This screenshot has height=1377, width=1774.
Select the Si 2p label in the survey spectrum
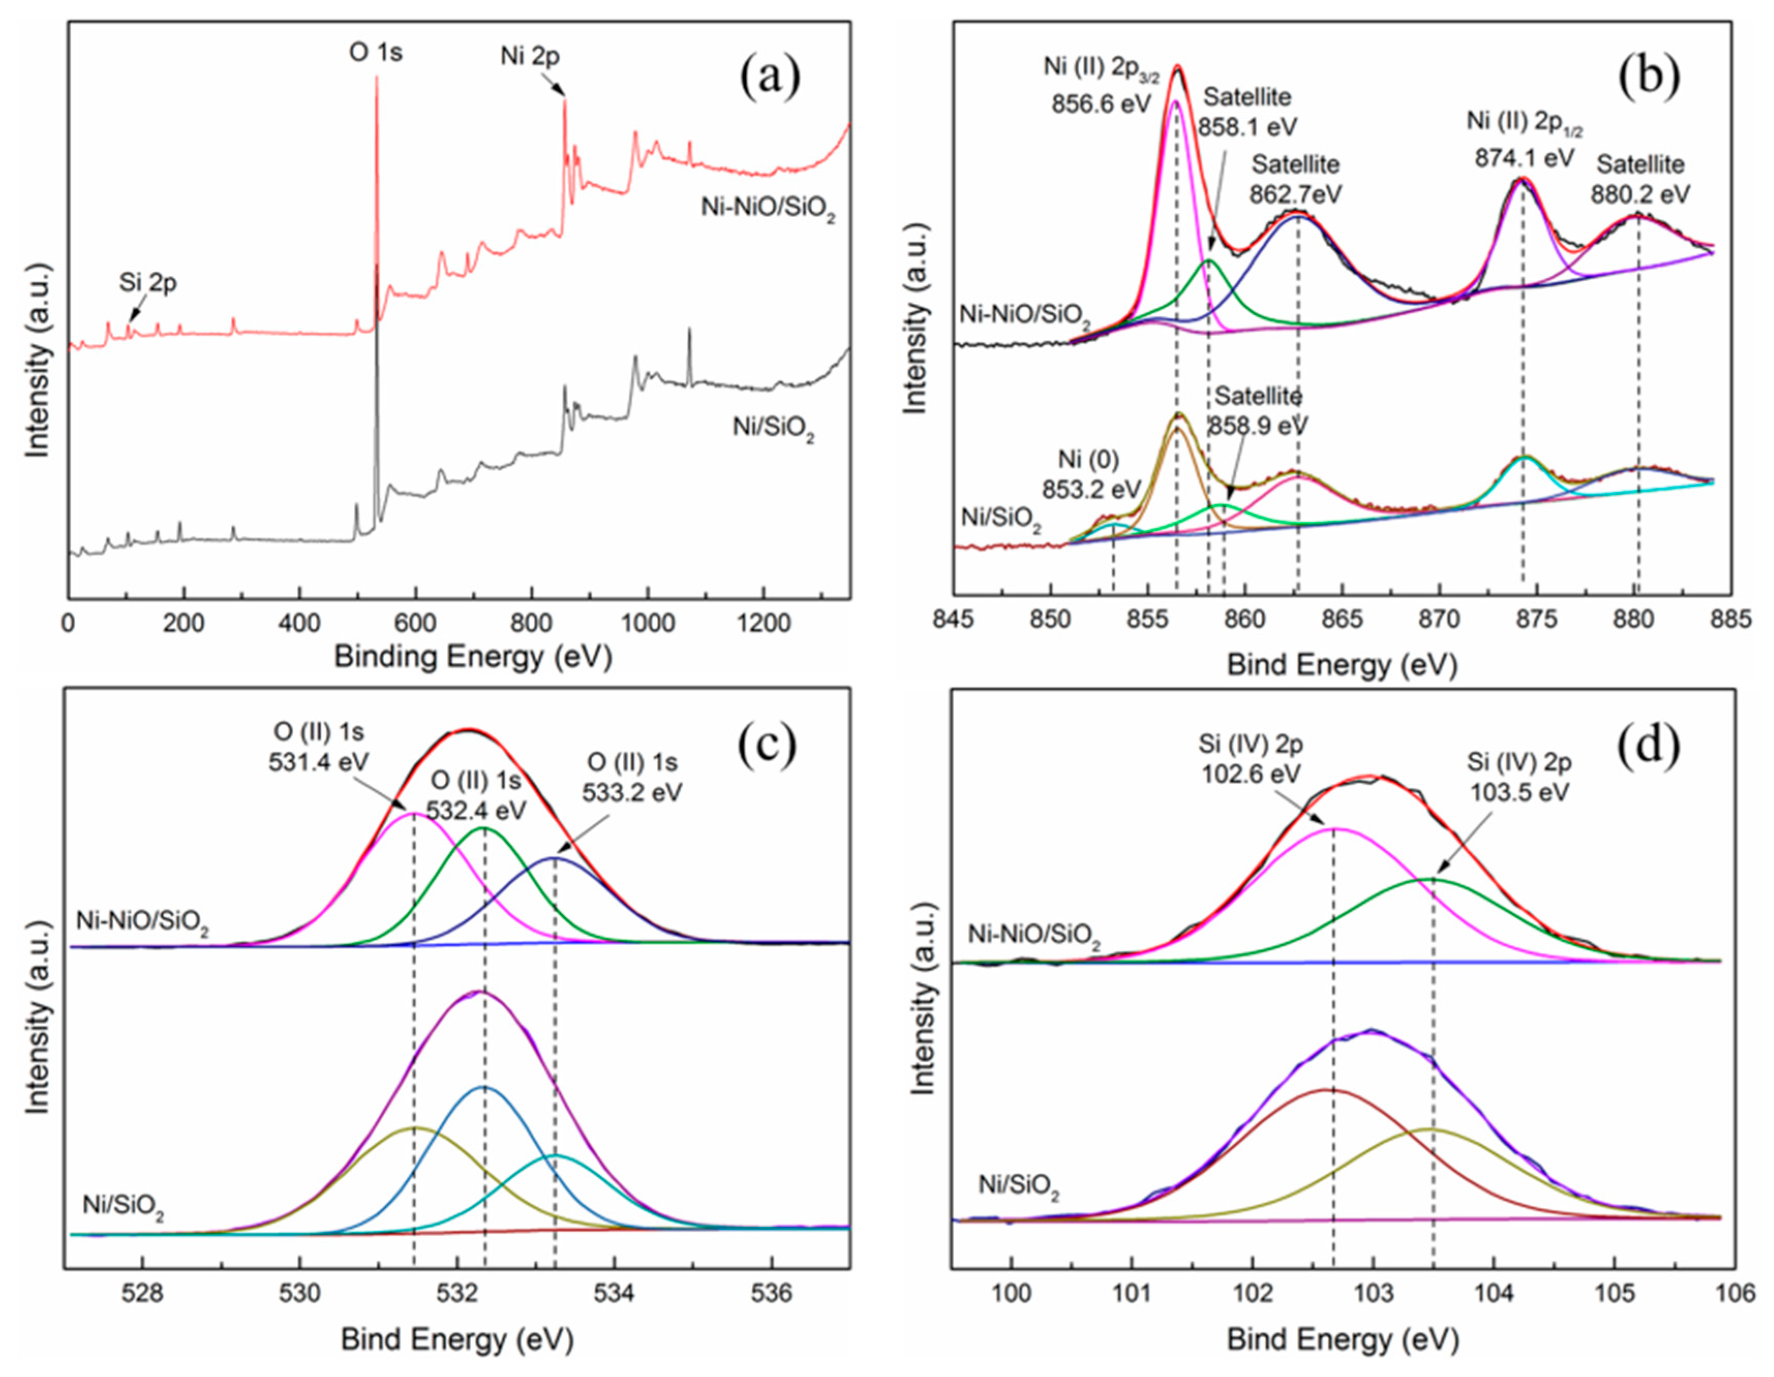148,283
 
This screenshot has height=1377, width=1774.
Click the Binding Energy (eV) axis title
473,656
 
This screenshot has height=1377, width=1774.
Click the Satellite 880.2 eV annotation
1640,179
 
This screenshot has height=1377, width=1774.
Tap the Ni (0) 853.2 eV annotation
1089,474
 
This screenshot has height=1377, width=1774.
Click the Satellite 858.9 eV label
1258,411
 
